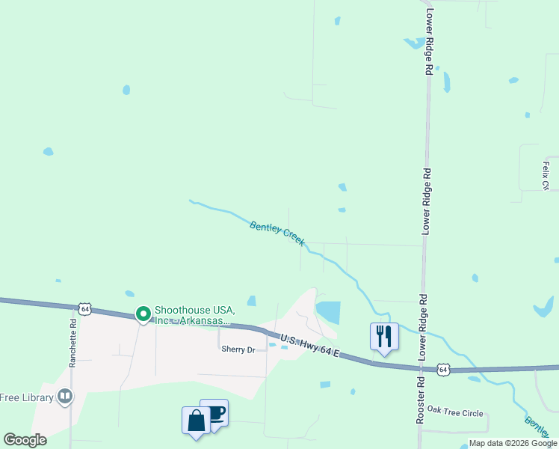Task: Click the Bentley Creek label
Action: tap(277, 232)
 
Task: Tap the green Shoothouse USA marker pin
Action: tap(142, 314)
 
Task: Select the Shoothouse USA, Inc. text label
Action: tap(195, 315)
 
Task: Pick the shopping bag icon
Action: tap(196, 420)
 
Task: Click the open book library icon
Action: tap(65, 396)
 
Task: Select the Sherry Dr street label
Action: tap(238, 349)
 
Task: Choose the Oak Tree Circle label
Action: tap(454, 413)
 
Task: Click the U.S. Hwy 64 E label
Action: tap(311, 346)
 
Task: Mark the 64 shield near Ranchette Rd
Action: tap(85, 308)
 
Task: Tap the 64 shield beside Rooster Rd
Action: tap(444, 369)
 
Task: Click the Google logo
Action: tap(25, 440)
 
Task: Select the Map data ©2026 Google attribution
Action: tap(513, 443)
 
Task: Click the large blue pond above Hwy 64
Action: tap(328, 311)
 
